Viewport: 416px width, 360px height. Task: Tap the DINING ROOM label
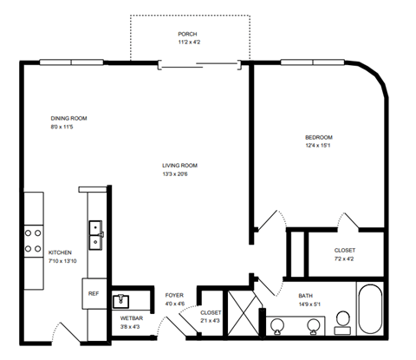pos(68,118)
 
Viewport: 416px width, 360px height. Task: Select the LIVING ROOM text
pos(179,166)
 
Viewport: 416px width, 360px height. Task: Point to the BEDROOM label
pos(318,137)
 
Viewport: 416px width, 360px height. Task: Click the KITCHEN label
pos(60,252)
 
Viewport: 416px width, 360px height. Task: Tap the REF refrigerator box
pos(94,294)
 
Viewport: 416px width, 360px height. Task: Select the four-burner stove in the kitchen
pos(34,240)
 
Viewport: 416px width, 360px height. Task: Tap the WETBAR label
pos(131,318)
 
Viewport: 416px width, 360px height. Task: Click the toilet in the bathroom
pos(342,321)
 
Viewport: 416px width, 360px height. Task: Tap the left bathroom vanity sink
pos(277,325)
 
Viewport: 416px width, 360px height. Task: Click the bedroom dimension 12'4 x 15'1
pos(318,146)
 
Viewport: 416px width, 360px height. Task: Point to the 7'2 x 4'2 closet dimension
pos(344,259)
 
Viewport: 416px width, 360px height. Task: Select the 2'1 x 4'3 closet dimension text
pos(211,321)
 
